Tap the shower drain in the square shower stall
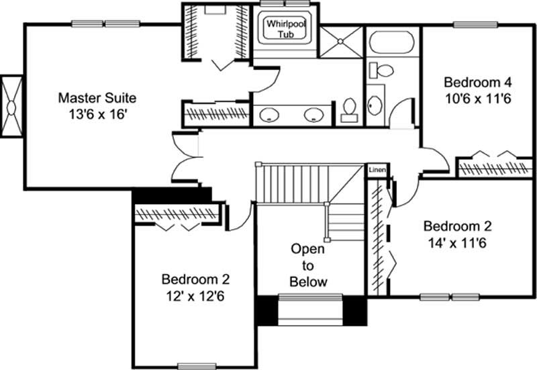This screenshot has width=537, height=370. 340,41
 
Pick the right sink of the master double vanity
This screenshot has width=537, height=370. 314,115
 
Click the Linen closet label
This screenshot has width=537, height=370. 377,171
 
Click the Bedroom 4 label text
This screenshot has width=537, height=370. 478,83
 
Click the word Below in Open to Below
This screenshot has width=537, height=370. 308,281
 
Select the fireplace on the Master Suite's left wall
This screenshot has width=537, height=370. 12,106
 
